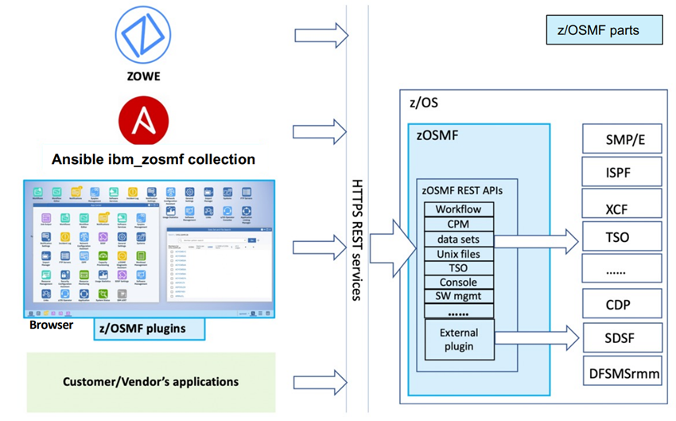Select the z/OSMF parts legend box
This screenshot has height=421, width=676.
tap(604, 31)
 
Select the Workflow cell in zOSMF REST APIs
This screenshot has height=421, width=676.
tap(458, 209)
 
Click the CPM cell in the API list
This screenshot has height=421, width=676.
tap(458, 224)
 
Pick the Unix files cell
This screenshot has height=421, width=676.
tap(458, 253)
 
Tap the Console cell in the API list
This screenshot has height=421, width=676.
tap(458, 282)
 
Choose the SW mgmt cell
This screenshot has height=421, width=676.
tap(458, 296)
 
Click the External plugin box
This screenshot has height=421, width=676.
tap(458, 340)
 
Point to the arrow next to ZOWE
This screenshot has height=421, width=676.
tap(321, 35)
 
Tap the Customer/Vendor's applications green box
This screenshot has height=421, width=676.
tap(151, 382)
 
